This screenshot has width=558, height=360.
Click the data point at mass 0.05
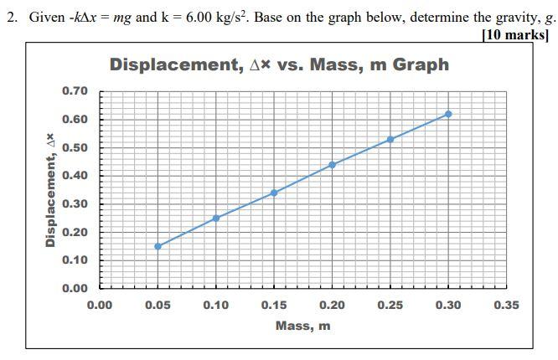pos(158,246)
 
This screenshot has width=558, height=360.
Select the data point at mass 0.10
pos(216,218)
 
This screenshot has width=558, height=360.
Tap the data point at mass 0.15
pos(274,193)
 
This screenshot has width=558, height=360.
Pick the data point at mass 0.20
pos(333,164)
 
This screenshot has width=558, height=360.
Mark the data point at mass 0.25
pos(390,139)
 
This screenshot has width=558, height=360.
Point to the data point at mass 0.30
pos(448,114)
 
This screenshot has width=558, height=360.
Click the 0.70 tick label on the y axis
pos(75,90)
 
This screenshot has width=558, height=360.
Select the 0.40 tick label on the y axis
pos(75,175)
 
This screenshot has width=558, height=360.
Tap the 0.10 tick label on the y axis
pos(75,260)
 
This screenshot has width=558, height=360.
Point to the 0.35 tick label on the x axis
pos(506,305)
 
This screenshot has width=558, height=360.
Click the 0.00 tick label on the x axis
pos(100,305)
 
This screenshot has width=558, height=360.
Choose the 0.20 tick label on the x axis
pos(333,305)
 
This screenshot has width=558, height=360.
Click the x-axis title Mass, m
pos(302,326)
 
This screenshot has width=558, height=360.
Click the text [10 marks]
pos(516,34)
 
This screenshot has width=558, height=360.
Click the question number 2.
pos(10,18)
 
